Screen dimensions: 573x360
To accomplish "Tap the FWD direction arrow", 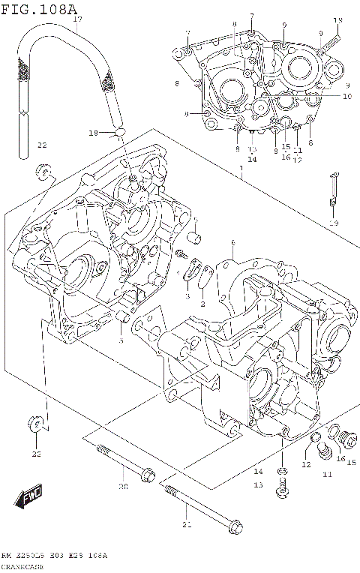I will (x=30, y=495).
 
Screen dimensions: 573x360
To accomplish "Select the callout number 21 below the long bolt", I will (x=187, y=526).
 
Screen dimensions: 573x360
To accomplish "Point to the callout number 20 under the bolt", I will (x=123, y=487).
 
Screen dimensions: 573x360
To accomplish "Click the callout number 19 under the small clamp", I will (x=334, y=223).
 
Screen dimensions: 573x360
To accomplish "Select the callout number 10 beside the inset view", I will (x=347, y=96).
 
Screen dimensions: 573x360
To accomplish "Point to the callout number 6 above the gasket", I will (x=233, y=242).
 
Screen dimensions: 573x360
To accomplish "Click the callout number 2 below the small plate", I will (x=202, y=304).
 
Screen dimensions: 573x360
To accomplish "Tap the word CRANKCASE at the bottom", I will (x=22, y=566).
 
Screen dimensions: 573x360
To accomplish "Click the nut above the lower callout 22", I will (x=35, y=425).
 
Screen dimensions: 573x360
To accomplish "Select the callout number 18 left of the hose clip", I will (x=92, y=133).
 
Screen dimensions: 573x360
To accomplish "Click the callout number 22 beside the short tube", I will (x=42, y=145).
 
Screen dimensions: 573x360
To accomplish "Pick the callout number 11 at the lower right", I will (x=327, y=474).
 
